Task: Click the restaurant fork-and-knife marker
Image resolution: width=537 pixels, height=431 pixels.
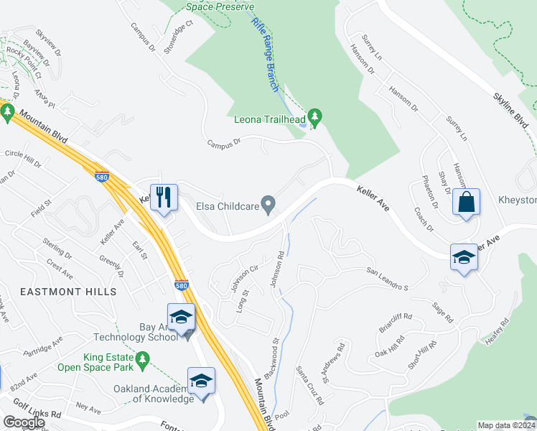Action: tap(163, 197)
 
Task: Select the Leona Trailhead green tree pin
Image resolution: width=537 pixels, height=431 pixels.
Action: tap(314, 116)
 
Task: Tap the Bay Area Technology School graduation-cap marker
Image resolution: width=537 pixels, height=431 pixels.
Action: tap(182, 318)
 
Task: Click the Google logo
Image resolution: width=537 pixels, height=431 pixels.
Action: tap(24, 422)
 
